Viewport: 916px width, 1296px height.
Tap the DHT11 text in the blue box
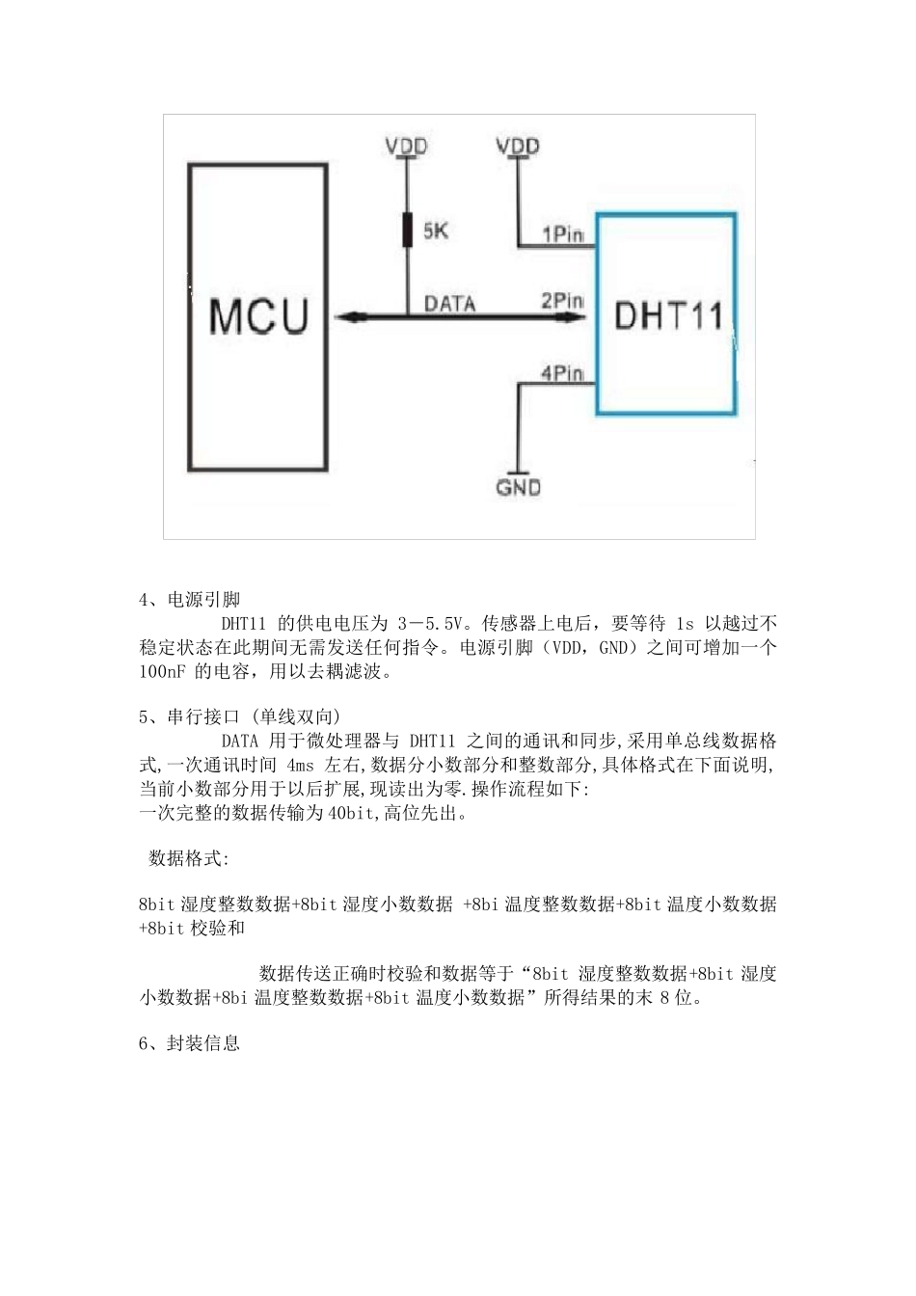(668, 315)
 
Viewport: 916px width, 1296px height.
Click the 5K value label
(436, 232)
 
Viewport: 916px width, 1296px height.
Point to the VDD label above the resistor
(407, 147)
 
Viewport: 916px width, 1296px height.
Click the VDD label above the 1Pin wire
(518, 147)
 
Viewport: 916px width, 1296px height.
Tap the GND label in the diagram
(518, 488)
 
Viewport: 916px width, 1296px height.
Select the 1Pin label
(563, 233)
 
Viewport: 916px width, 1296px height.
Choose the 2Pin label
(562, 301)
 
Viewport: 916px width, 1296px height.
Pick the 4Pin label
(562, 373)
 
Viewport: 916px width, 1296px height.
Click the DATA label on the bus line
(450, 304)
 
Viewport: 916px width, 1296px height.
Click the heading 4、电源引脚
(190, 600)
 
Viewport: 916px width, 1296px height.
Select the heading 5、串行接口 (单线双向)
(240, 716)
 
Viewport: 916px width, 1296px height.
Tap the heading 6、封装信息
(190, 1043)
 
